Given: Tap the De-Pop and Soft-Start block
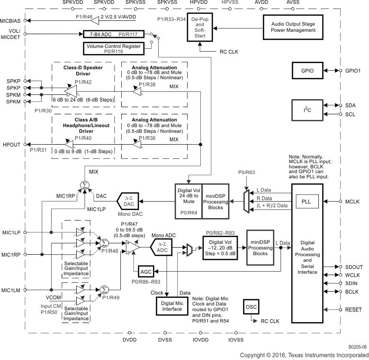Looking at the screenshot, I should click(200, 28).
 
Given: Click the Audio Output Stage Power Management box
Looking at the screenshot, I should click(293, 27).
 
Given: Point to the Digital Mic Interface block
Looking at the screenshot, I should click(172, 306).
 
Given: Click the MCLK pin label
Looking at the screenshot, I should click(351, 202).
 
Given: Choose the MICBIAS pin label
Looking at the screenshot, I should click(11, 21).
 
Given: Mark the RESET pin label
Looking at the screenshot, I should click(353, 309).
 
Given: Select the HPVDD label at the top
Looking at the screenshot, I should click(198, 3).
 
